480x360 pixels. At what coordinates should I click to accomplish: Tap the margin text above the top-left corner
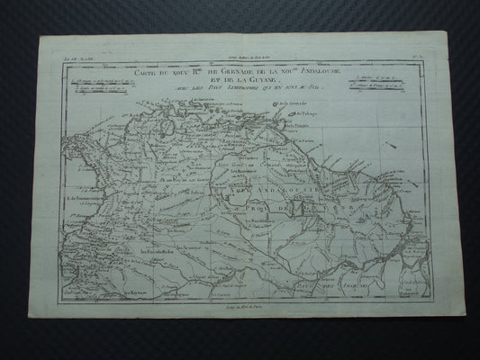point(68,58)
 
